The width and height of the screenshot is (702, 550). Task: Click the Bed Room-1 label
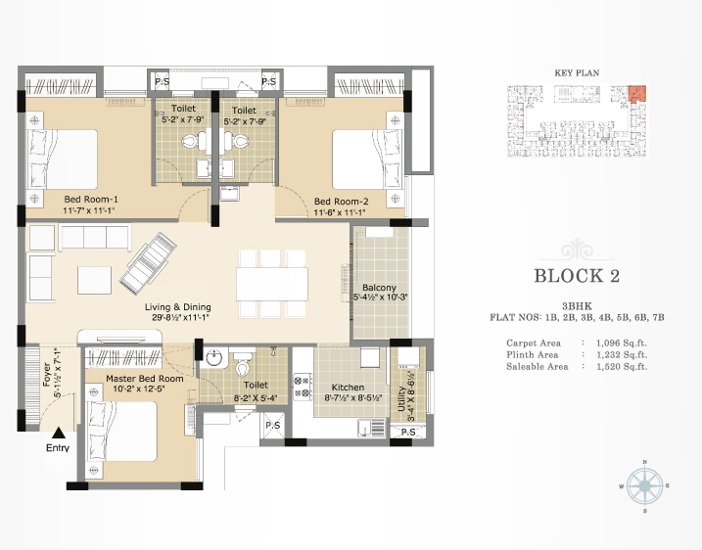click(91, 200)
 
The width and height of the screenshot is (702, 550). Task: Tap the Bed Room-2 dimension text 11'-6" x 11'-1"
click(340, 212)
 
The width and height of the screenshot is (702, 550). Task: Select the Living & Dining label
click(178, 307)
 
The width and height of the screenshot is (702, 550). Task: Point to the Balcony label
click(379, 288)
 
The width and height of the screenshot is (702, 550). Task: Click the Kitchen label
click(348, 388)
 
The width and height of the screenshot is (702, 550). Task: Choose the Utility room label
click(401, 398)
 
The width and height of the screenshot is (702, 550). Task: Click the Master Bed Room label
click(145, 379)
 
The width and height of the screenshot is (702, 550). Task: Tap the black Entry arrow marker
click(59, 433)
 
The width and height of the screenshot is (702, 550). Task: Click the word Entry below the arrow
click(58, 448)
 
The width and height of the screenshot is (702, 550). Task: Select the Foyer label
click(47, 374)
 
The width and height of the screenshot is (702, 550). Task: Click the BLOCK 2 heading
click(577, 276)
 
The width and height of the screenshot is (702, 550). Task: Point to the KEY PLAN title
click(577, 73)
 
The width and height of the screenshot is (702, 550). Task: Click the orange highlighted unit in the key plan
click(637, 93)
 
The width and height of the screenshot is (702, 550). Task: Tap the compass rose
click(644, 486)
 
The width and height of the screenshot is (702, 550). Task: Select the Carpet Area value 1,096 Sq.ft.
click(622, 344)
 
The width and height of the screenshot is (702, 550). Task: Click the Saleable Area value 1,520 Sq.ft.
click(622, 367)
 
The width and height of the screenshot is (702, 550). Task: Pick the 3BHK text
click(577, 306)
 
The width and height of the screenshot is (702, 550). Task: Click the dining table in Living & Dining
click(272, 284)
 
